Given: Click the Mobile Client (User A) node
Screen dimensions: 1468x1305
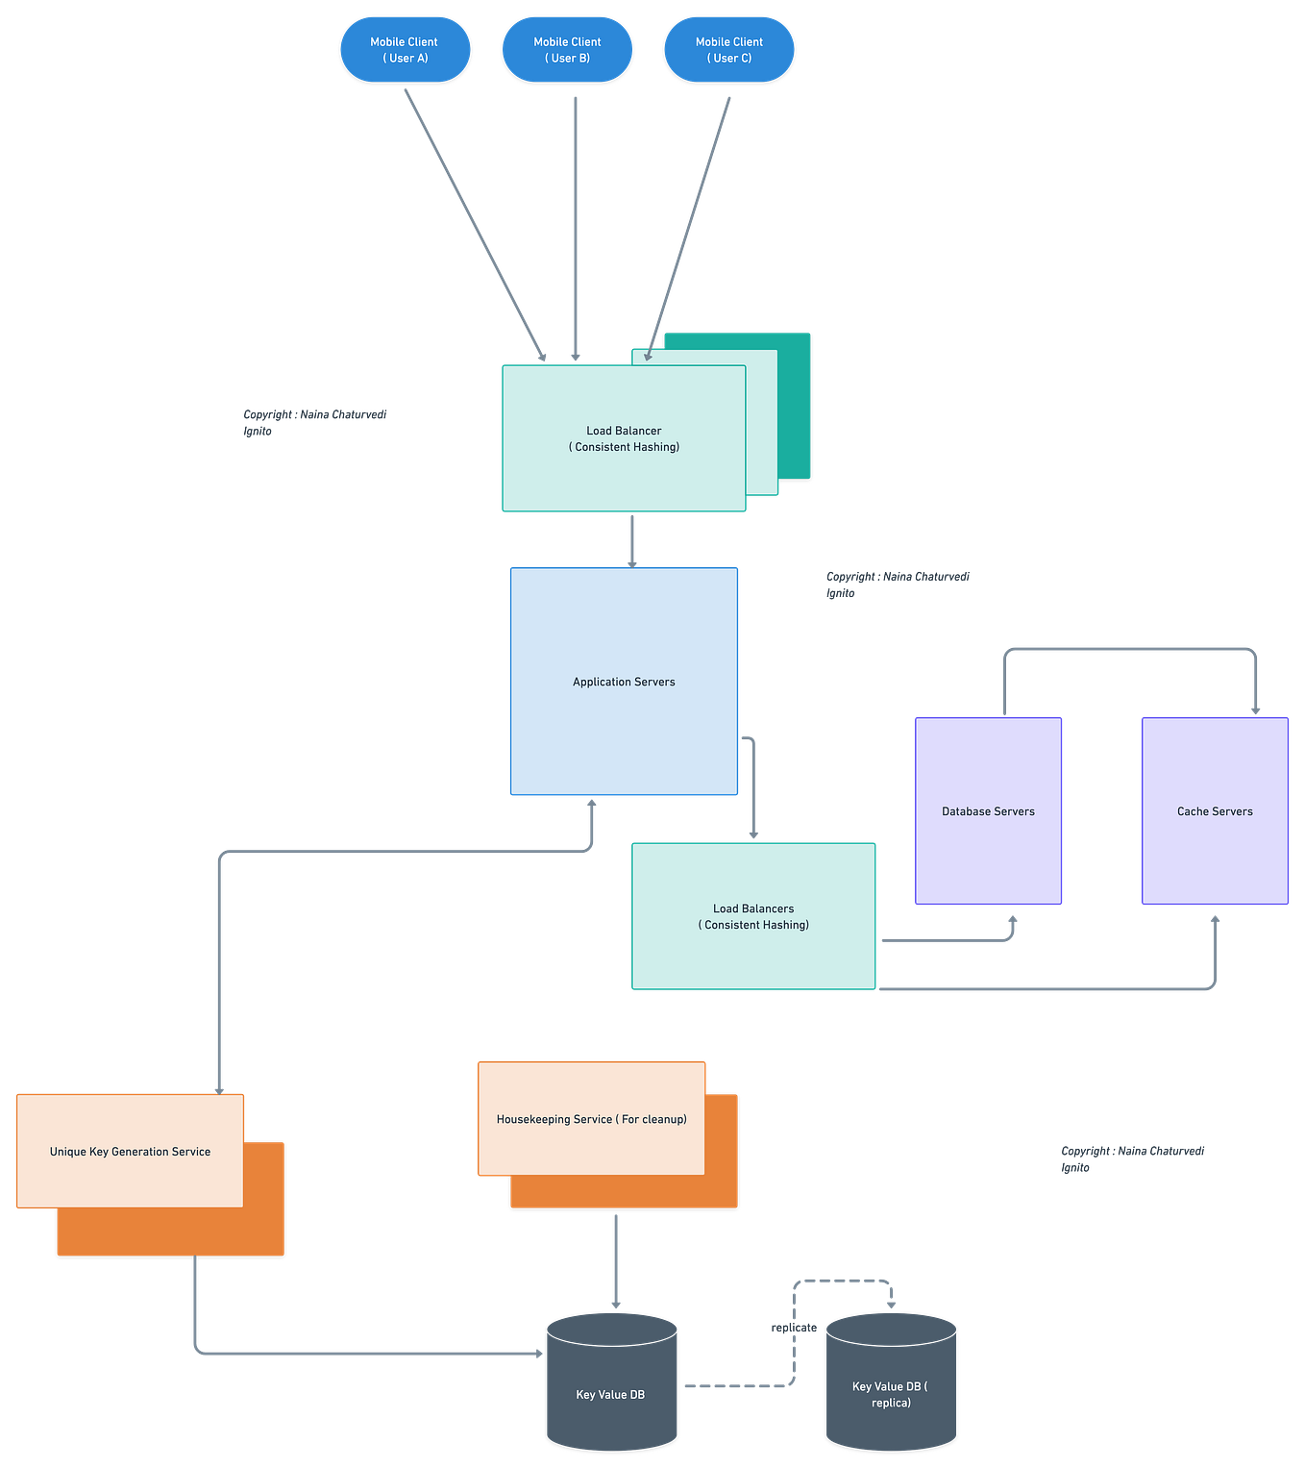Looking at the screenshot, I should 405,49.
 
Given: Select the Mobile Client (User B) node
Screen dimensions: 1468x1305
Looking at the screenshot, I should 567,49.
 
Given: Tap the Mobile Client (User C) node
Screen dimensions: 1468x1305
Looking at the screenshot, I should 728,49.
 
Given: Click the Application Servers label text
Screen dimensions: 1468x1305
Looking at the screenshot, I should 624,682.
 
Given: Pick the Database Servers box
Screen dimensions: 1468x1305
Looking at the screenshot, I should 989,810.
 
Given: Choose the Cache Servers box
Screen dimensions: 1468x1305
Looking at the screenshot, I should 1215,810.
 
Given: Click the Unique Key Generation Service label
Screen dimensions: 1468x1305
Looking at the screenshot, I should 130,1151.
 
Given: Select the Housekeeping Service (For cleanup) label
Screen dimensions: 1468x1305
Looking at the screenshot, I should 591,1119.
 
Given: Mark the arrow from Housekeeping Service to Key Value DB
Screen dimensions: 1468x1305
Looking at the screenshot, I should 615,1259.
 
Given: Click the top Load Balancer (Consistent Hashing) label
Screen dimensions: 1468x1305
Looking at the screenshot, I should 624,438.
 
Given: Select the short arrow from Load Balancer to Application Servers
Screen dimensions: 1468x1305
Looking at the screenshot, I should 631,540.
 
